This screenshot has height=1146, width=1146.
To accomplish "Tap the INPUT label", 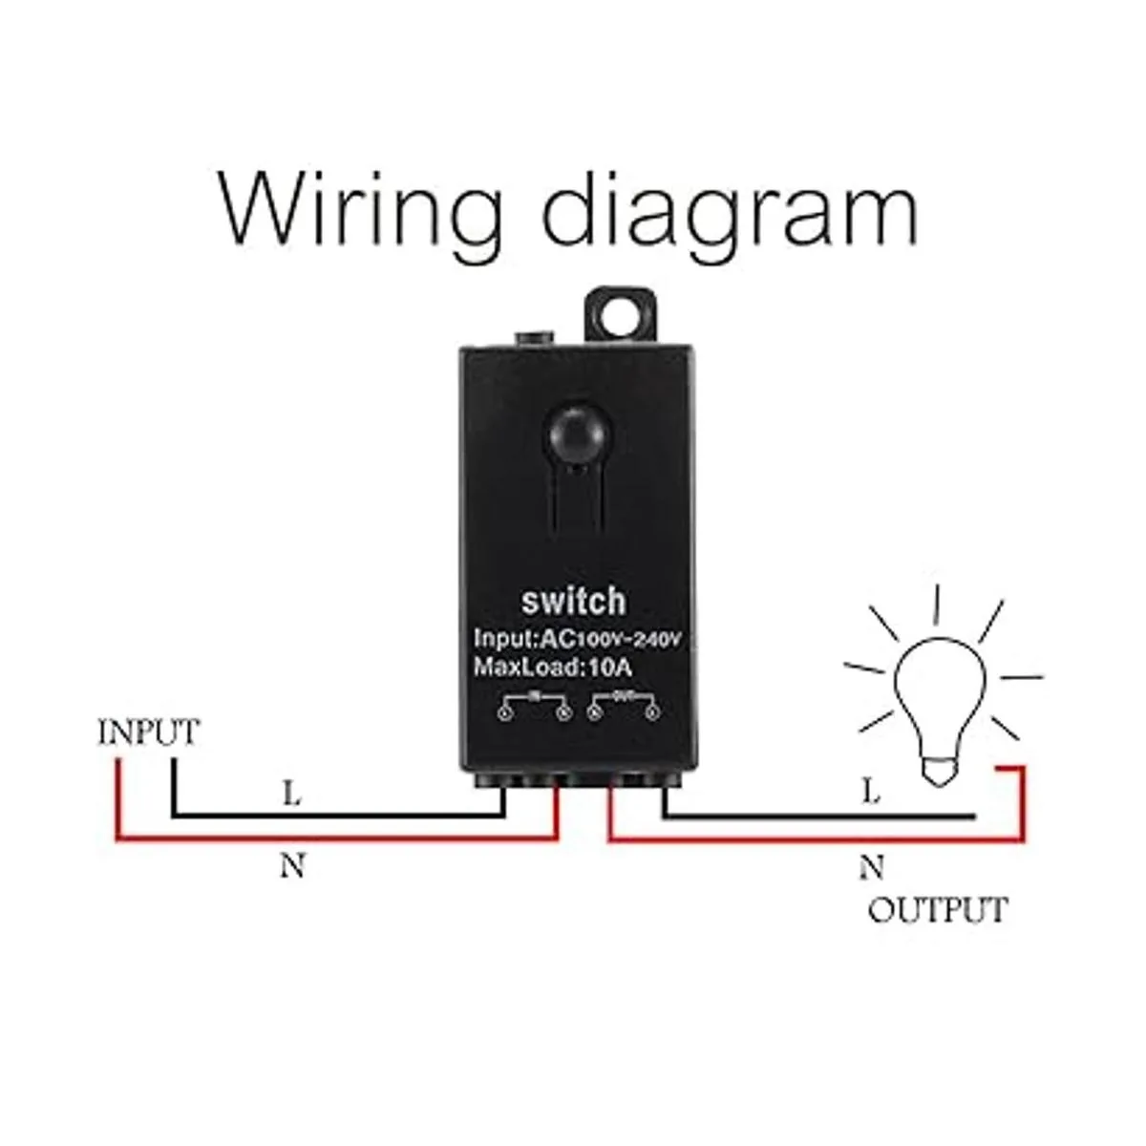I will [149, 732].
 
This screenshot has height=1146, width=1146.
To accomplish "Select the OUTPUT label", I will [937, 909].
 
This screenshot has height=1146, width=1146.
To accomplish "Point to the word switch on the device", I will [573, 601].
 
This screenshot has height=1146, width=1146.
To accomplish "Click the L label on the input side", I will [291, 793].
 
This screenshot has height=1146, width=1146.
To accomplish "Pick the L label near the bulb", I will [870, 792].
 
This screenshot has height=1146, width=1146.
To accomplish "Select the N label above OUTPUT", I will [870, 867].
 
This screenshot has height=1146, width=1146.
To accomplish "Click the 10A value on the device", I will [608, 667].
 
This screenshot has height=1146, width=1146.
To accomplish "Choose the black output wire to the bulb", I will [812, 817].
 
